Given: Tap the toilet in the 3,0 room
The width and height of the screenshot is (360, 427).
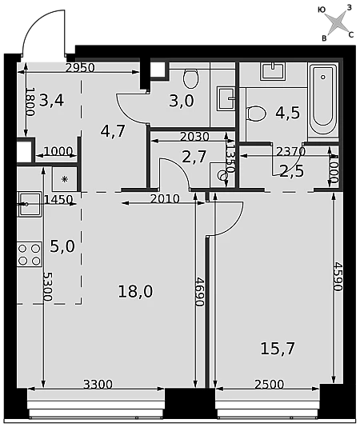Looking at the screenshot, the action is pyautogui.click(x=190, y=78).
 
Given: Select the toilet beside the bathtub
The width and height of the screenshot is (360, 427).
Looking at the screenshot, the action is pyautogui.click(x=256, y=114).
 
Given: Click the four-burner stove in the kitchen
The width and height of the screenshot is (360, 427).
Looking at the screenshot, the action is pyautogui.click(x=30, y=254).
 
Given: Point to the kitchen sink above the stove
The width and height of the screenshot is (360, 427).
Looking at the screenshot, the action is pyautogui.click(x=30, y=204).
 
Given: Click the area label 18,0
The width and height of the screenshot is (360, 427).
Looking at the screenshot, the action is pyautogui.click(x=135, y=291).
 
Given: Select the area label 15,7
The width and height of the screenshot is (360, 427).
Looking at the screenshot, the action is pyautogui.click(x=278, y=349).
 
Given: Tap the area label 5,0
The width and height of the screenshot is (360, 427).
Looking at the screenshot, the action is pyautogui.click(x=62, y=246).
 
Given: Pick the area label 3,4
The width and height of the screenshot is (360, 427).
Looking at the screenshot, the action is pyautogui.click(x=51, y=100).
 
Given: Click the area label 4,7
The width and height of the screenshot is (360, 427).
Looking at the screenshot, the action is pyautogui.click(x=113, y=131).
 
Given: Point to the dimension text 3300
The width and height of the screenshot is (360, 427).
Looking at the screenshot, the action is pyautogui.click(x=98, y=385).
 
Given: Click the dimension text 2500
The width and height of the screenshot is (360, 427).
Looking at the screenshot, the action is pyautogui.click(x=269, y=385).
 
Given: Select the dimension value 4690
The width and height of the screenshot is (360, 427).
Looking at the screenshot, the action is pyautogui.click(x=200, y=292).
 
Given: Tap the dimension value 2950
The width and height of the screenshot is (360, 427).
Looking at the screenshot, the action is pyautogui.click(x=80, y=67).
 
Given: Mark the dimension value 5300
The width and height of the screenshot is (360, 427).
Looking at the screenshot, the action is pyautogui.click(x=48, y=286).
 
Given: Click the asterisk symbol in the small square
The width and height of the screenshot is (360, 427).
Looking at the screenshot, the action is pyautogui.click(x=65, y=179).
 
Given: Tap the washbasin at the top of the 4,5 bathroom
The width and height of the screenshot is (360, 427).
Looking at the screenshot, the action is pyautogui.click(x=273, y=71).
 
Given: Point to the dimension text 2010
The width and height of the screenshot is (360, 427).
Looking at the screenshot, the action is pyautogui.click(x=165, y=199).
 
